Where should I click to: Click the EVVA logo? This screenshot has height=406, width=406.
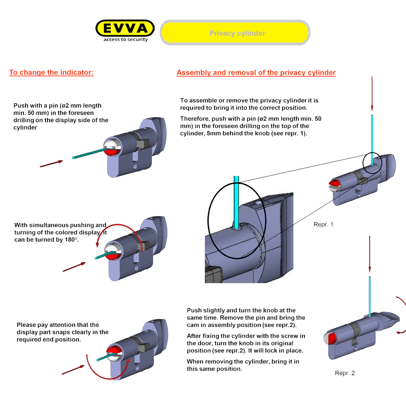coord(125,28)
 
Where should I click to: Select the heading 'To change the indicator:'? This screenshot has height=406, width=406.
coord(51,73)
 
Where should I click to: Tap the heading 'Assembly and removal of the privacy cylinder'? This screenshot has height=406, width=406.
coord(256,73)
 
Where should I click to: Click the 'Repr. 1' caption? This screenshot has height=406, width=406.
coord(323,224)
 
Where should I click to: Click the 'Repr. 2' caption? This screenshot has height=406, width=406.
coord(345,373)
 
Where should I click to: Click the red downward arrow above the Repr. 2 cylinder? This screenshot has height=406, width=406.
coord(369,254)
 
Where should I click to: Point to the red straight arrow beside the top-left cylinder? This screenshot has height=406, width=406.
coord(51,164)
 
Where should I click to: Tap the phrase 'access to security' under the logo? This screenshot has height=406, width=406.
coord(125,40)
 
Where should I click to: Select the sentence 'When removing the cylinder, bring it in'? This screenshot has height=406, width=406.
coord(243,361)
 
